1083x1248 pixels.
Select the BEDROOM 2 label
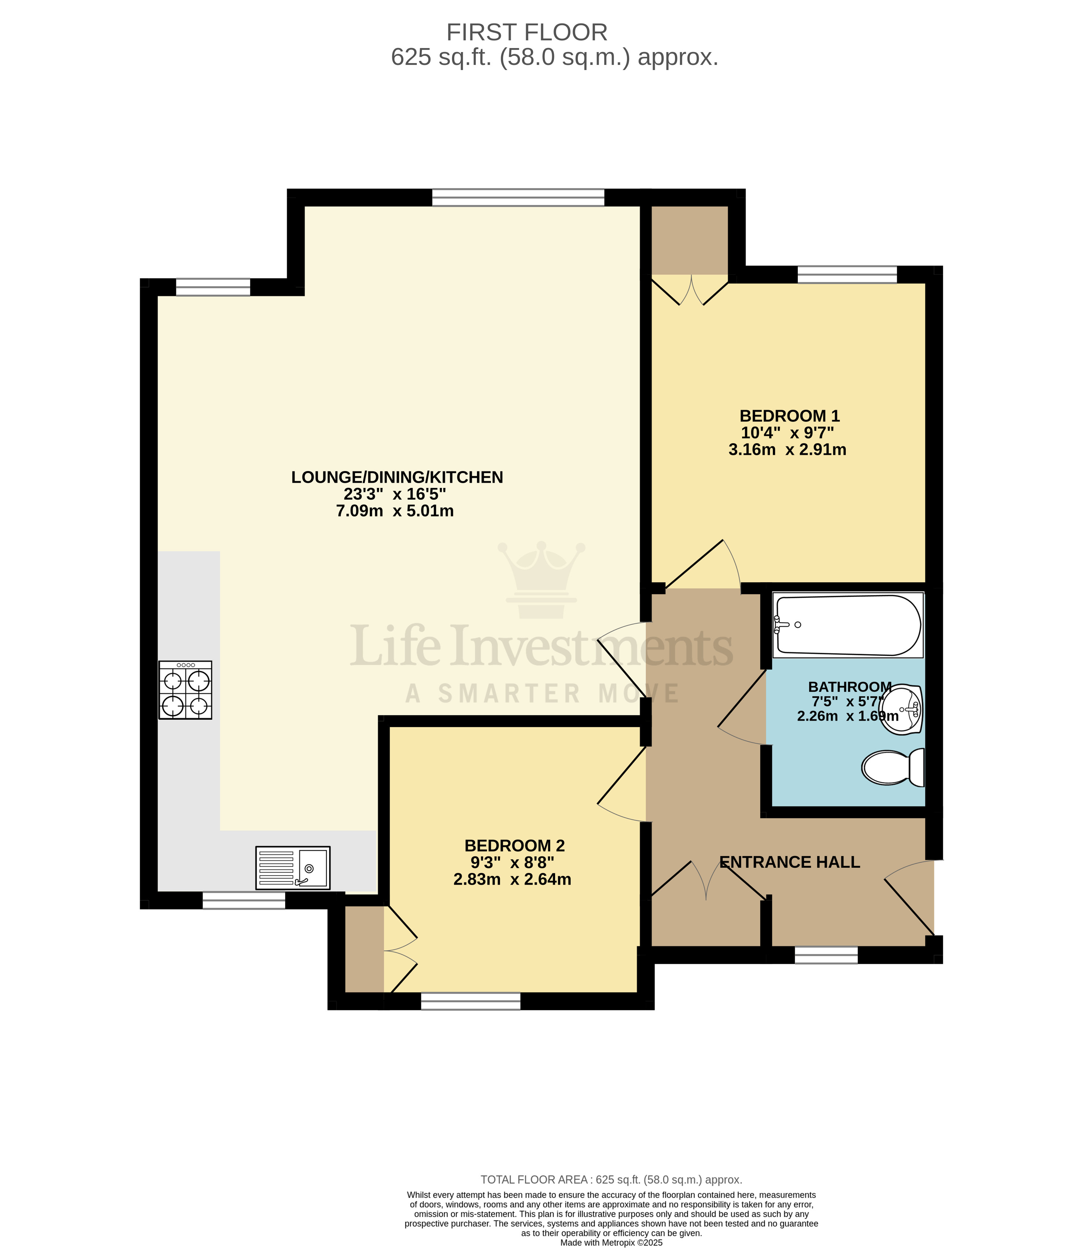pos(514,845)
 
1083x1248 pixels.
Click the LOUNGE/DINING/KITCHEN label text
pos(397,477)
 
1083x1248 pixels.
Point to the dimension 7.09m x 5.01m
pos(394,511)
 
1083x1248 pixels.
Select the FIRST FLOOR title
pos(526,32)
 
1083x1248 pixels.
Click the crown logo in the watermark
pos(541,579)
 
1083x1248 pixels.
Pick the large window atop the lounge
pos(518,198)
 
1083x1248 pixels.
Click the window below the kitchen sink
pos(243,900)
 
